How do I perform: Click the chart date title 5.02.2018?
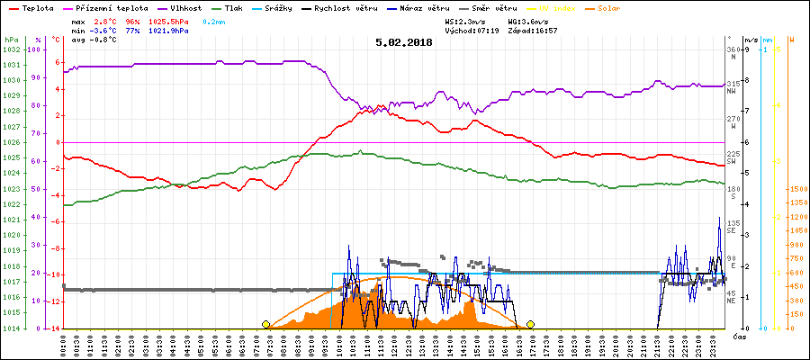[x=404, y=41]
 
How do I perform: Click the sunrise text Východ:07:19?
[x=471, y=30]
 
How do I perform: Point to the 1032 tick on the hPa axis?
[x=11, y=49]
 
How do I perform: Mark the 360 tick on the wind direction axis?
[x=733, y=49]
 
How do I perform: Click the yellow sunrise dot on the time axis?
[x=265, y=324]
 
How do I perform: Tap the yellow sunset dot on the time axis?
[x=531, y=324]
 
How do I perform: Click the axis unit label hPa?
[x=10, y=40]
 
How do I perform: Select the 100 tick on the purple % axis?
[x=35, y=49]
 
